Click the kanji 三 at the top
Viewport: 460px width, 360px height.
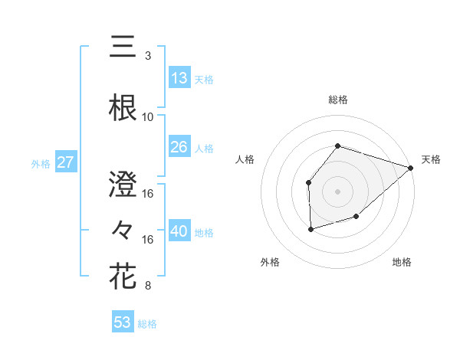(123, 47)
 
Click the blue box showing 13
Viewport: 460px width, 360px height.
(179, 78)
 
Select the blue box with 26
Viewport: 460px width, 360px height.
(179, 147)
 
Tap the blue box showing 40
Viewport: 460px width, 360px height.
(179, 232)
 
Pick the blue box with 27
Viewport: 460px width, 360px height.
(66, 162)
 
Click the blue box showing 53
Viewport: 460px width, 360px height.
(123, 322)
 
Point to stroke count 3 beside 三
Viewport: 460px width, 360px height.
(148, 55)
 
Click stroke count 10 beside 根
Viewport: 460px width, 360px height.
(148, 117)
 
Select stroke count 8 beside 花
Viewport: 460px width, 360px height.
(148, 286)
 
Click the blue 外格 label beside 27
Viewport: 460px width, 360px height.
(40, 163)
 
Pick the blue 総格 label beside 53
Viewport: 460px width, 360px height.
(147, 324)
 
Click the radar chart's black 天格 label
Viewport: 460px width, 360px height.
(431, 159)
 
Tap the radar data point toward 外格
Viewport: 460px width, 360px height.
(310, 229)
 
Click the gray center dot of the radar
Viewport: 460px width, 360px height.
(337, 191)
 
